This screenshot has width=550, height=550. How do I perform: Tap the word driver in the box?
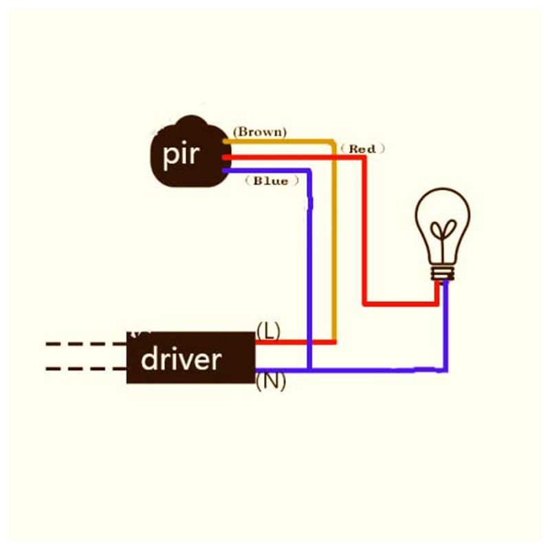(x=181, y=359)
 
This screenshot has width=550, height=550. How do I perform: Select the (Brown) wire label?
(x=260, y=132)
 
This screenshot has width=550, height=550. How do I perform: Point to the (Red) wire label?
(x=362, y=148)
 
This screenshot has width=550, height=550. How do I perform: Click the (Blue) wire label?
(x=272, y=181)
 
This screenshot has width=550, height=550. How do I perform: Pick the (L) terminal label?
(x=268, y=331)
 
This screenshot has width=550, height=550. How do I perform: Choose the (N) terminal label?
(x=271, y=382)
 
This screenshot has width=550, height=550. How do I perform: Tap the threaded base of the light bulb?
(x=443, y=273)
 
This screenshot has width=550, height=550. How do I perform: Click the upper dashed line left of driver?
(x=86, y=344)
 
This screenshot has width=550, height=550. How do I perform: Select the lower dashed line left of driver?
(x=86, y=368)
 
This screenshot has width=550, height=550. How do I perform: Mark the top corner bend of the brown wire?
(x=333, y=142)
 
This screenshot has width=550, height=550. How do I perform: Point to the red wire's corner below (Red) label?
(x=364, y=158)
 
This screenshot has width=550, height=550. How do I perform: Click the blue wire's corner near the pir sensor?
(x=309, y=170)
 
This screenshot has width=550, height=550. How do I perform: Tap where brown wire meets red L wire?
(x=334, y=342)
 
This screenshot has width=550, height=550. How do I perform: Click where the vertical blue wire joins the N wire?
(x=309, y=370)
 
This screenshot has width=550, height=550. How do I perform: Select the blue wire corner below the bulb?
(x=445, y=370)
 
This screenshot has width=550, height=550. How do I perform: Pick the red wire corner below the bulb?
(x=437, y=303)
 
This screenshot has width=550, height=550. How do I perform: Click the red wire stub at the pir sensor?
(x=227, y=157)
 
